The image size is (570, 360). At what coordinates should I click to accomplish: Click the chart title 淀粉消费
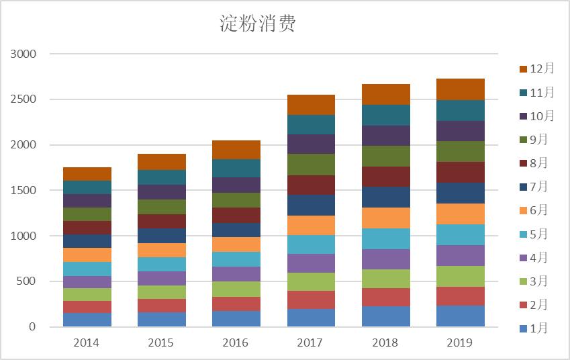[258, 24]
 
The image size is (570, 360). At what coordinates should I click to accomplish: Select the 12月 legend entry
[536, 69]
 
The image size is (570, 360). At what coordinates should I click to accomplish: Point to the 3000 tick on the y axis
[23, 54]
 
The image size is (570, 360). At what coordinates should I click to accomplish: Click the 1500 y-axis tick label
[23, 191]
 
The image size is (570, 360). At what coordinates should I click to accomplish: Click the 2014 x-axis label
[87, 343]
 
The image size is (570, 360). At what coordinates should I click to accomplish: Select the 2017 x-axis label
[310, 343]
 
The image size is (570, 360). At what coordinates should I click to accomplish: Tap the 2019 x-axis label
[460, 343]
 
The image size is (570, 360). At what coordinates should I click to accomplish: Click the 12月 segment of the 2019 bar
[460, 89]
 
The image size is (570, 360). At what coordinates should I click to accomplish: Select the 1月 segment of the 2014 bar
[87, 320]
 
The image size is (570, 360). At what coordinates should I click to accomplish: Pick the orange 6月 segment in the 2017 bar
[310, 225]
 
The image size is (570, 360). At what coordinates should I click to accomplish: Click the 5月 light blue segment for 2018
[385, 238]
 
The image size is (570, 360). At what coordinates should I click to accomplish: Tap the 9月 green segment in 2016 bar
[236, 200]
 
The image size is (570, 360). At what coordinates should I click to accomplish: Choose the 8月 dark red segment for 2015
[161, 221]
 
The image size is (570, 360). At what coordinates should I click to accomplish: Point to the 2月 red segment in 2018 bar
[385, 297]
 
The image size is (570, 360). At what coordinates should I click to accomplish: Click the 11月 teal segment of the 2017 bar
[310, 124]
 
